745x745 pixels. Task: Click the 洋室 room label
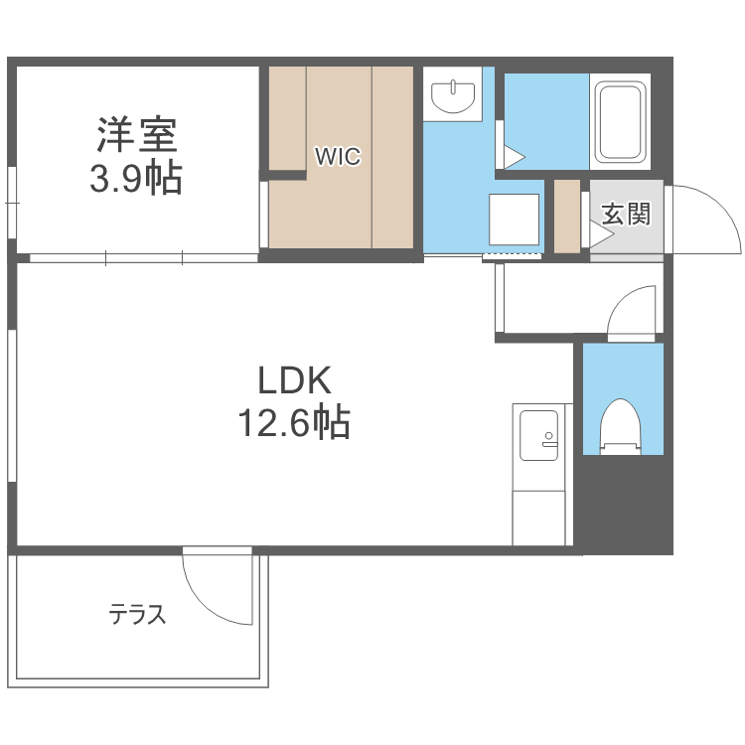[136, 134]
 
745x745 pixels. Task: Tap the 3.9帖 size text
[136, 179]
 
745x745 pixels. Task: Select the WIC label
[338, 156]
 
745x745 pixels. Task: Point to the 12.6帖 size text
[293, 425]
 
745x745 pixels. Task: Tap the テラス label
[137, 615]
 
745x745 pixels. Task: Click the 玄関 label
[626, 214]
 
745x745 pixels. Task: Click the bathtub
[621, 122]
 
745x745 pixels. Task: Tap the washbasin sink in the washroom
[454, 96]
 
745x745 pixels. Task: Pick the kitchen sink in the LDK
[539, 434]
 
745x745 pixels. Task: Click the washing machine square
[513, 219]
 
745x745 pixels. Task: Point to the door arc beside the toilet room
[634, 310]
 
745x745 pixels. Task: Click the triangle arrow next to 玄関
[599, 234]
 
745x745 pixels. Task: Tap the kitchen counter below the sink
[539, 512]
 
